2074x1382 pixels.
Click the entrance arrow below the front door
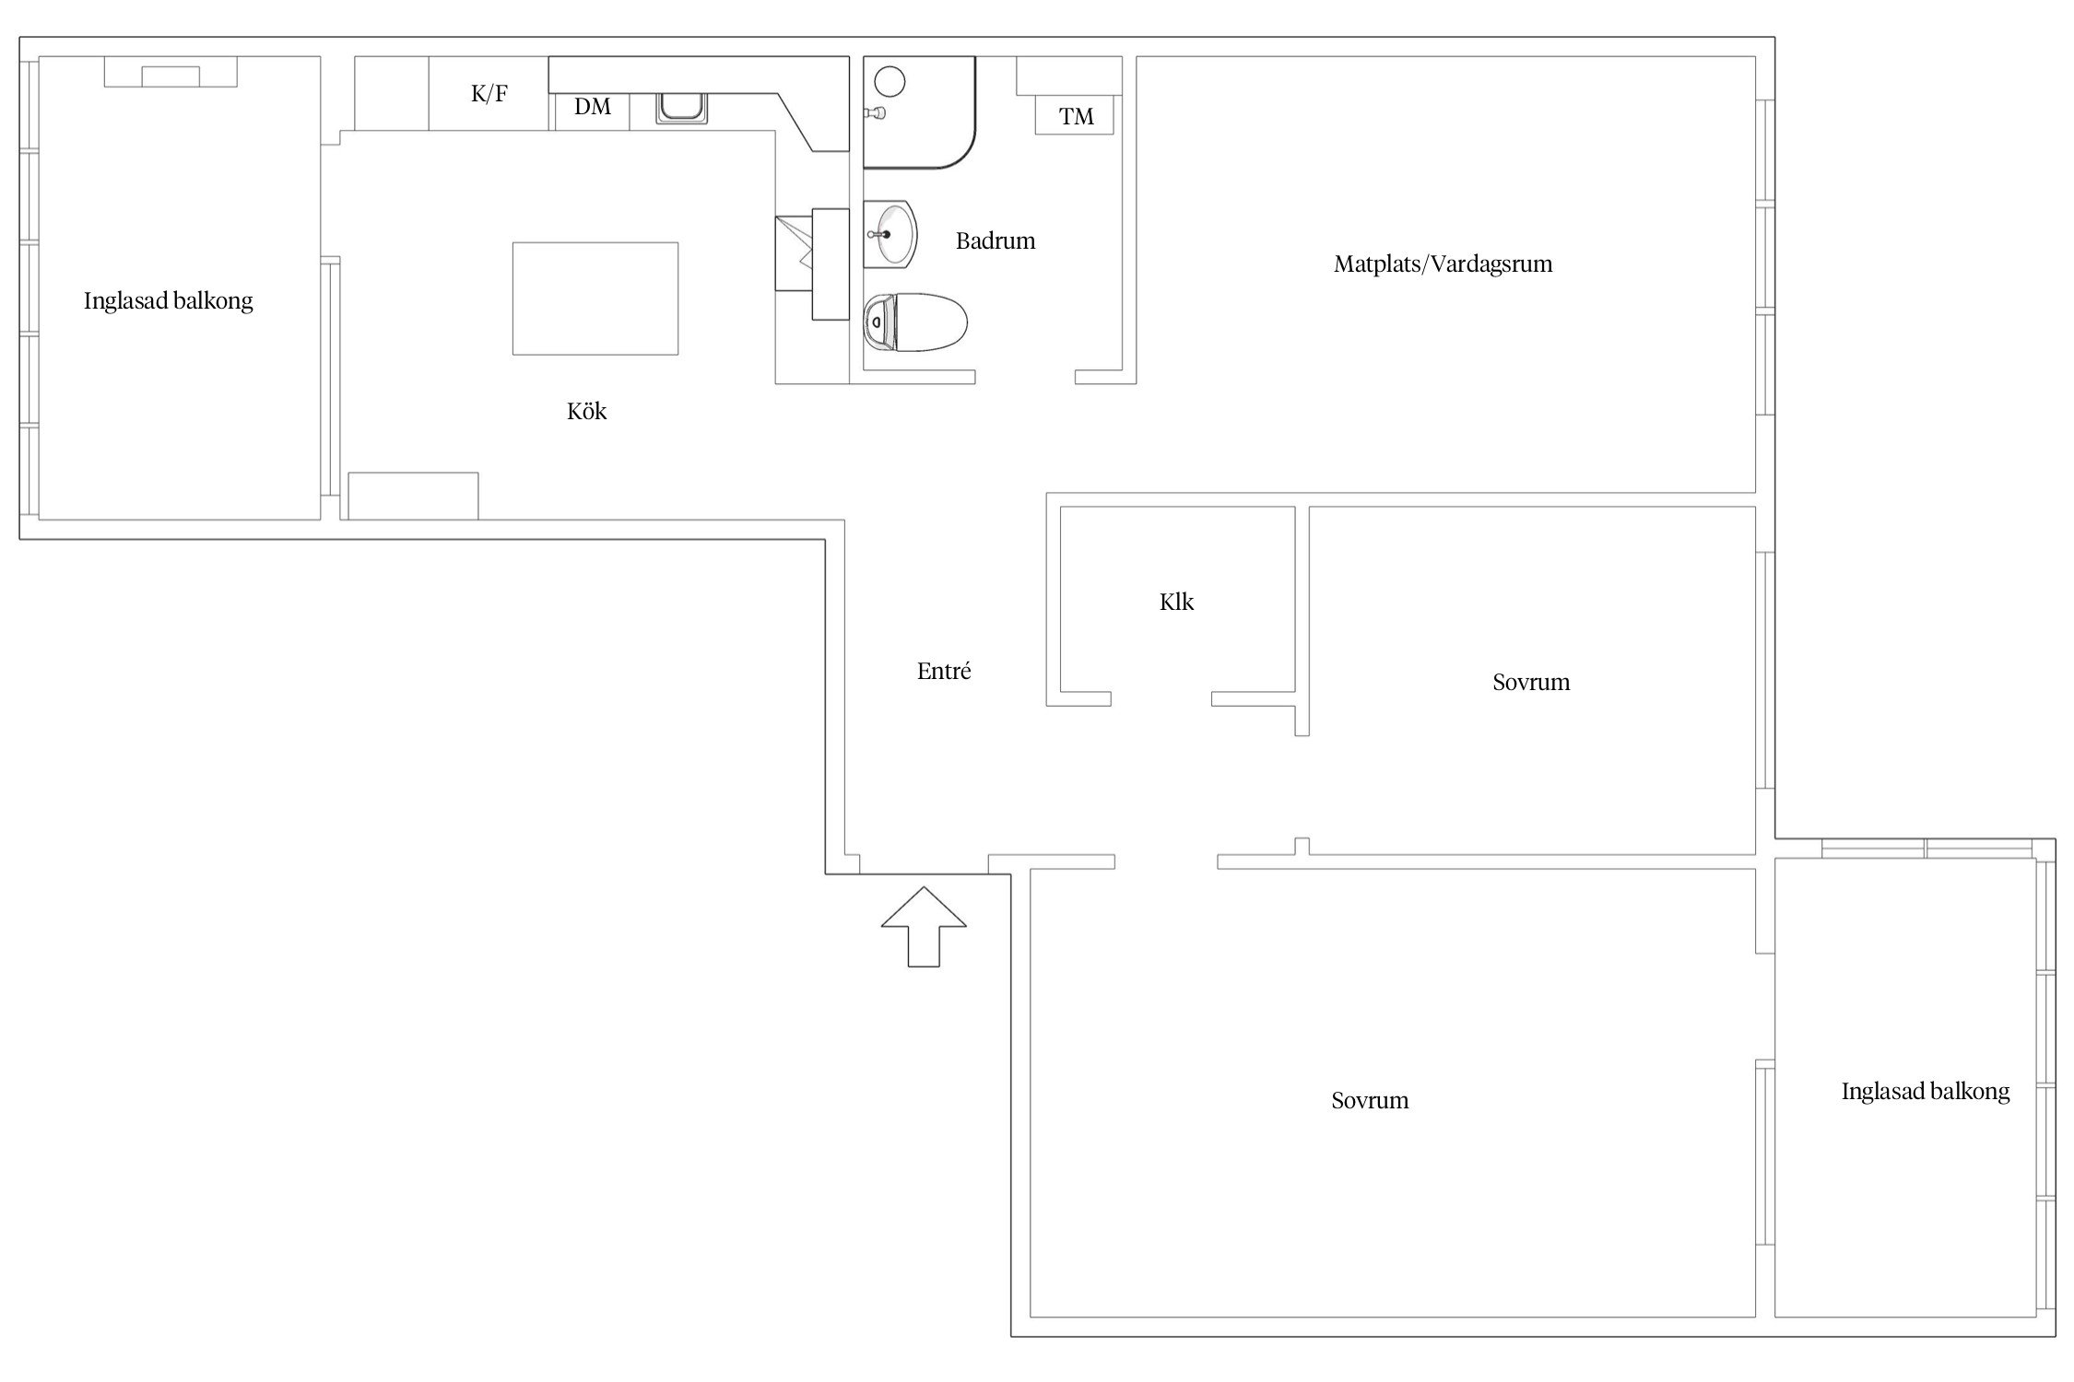924,926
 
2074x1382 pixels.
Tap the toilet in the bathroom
915,322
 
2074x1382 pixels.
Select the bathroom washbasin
890,234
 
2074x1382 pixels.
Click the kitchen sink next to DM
681,108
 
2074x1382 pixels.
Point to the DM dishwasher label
593,107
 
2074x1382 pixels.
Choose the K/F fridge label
489,93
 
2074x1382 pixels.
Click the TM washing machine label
1077,117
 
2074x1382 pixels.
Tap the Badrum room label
996,241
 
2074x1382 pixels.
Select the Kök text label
587,411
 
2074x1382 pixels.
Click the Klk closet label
1177,603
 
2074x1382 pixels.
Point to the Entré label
944,672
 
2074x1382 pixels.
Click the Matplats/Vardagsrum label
1444,264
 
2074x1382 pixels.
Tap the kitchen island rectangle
595,299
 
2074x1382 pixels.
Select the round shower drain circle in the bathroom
890,82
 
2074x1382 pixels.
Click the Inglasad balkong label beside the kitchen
169,301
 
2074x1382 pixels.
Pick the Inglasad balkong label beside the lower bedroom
1926,1092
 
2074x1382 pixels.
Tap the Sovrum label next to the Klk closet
1531,683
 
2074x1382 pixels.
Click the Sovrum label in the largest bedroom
1370,1101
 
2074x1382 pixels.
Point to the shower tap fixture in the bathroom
875,113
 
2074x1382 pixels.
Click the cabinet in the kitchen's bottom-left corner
413,496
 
